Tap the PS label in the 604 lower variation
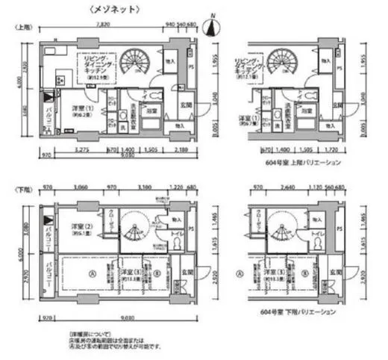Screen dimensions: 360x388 (x=339, y=228)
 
